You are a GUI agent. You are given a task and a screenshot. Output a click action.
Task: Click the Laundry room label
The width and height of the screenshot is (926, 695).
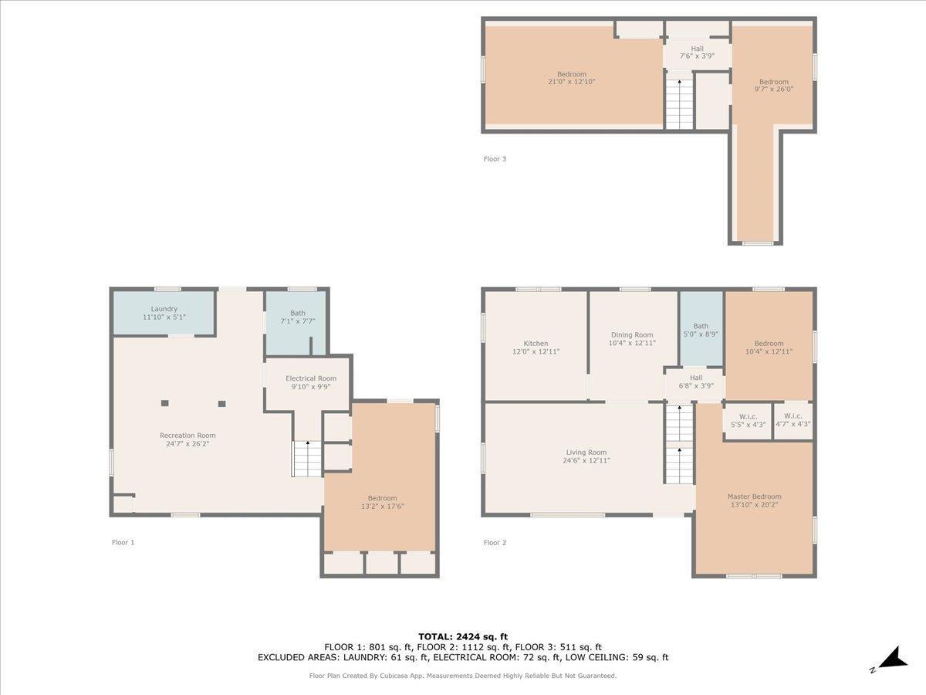click(164, 309)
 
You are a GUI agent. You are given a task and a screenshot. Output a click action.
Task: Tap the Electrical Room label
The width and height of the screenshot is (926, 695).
click(311, 378)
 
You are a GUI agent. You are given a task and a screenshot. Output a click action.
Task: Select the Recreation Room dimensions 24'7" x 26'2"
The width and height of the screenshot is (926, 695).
click(188, 443)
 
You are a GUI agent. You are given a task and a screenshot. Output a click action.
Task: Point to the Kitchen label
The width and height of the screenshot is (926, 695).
click(536, 344)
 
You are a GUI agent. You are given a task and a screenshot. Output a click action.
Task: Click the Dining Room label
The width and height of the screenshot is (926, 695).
click(632, 335)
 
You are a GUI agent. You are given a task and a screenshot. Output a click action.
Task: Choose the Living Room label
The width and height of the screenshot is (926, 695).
click(586, 453)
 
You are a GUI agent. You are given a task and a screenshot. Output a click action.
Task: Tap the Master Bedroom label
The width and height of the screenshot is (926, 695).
click(754, 497)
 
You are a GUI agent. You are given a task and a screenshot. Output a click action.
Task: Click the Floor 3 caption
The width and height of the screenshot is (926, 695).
click(495, 159)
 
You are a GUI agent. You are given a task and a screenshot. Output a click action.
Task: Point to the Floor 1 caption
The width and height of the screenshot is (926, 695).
click(123, 542)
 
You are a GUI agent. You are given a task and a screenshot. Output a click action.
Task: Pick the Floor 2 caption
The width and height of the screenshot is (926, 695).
click(495, 543)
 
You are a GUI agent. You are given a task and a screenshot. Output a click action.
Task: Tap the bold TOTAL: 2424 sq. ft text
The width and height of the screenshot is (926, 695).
click(463, 637)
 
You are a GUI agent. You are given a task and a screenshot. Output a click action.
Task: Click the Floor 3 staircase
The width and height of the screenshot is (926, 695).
click(679, 103)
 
